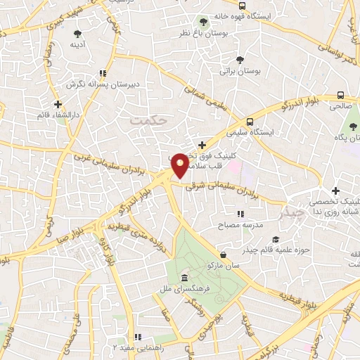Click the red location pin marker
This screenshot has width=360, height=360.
click(180, 165)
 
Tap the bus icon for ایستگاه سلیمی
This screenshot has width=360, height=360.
click(251, 121)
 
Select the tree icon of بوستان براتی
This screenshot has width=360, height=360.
click(240, 60)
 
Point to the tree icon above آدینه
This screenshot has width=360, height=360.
click(77, 32)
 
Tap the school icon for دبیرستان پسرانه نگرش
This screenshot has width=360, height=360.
click(103, 73)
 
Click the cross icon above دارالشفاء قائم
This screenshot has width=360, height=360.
click(58, 105)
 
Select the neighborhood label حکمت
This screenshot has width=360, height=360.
click(150, 120)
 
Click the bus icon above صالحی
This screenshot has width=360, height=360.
click(340, 95)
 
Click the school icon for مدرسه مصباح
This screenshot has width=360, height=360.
click(240, 214)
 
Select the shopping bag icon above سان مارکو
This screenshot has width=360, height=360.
click(224, 255)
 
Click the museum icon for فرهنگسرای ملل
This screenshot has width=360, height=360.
click(184, 277)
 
